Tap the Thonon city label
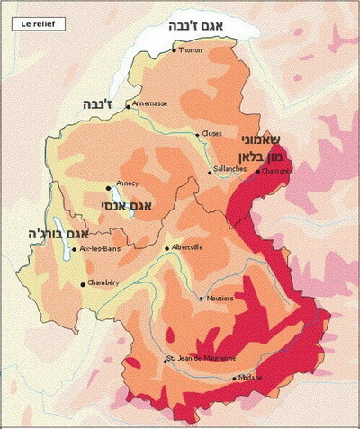191,50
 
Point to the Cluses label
212,134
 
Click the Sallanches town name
229,168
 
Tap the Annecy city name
127,183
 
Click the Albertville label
187,246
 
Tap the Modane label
251,378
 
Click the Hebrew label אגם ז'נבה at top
208,29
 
